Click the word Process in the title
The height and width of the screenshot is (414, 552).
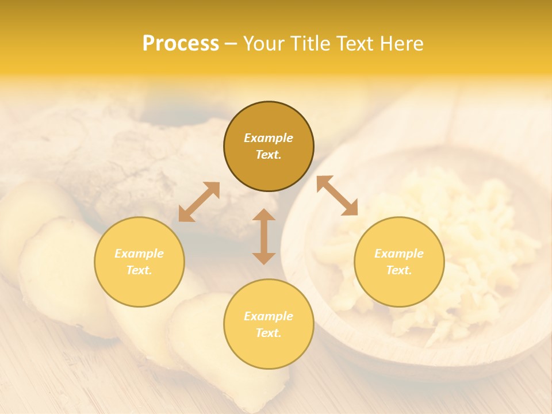pyautogui.click(x=181, y=44)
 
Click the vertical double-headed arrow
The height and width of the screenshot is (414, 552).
pyautogui.click(x=264, y=236)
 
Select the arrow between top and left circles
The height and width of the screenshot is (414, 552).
pyautogui.click(x=199, y=201)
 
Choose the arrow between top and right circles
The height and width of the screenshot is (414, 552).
pyautogui.click(x=338, y=195)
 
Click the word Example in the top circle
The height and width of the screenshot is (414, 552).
pyautogui.click(x=269, y=138)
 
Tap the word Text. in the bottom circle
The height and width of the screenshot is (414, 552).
pyautogui.click(x=269, y=333)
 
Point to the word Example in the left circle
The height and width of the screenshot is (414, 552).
pyautogui.click(x=139, y=254)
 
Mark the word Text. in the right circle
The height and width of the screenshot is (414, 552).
pyautogui.click(x=399, y=270)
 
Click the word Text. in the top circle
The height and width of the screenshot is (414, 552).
pyautogui.click(x=269, y=155)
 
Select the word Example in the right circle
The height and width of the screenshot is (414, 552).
pyautogui.click(x=399, y=254)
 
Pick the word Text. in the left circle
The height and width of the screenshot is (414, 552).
pyautogui.click(x=139, y=270)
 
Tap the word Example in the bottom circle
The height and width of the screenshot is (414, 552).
pyautogui.click(x=269, y=316)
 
